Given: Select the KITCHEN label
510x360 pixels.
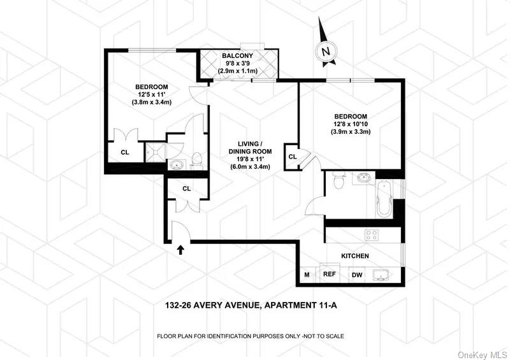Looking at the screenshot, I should (355, 256).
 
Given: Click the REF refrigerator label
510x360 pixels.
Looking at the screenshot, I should (330, 275).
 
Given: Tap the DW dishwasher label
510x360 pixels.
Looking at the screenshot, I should (357, 275).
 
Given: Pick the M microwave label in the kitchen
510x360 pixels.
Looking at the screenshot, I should (307, 275).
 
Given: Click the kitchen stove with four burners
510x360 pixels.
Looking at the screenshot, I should (372, 235).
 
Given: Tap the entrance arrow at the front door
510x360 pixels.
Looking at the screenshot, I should (180, 250).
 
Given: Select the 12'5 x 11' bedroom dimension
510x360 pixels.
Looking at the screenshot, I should (151, 94).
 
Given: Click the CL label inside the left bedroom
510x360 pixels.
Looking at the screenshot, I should (126, 152).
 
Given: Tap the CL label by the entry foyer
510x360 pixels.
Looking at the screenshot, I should (187, 188).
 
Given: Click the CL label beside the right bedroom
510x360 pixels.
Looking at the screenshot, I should (293, 156).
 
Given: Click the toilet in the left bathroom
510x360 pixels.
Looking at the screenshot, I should (197, 160).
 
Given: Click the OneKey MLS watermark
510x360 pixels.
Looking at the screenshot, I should (486, 353).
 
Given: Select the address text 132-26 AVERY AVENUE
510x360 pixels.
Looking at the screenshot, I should (208, 306).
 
